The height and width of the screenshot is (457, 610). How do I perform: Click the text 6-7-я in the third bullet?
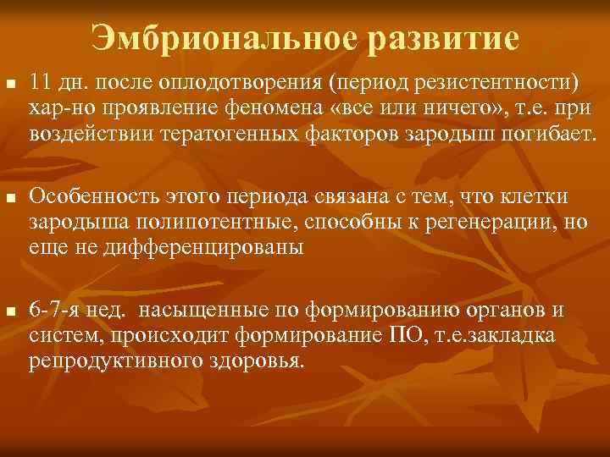(53, 311)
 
